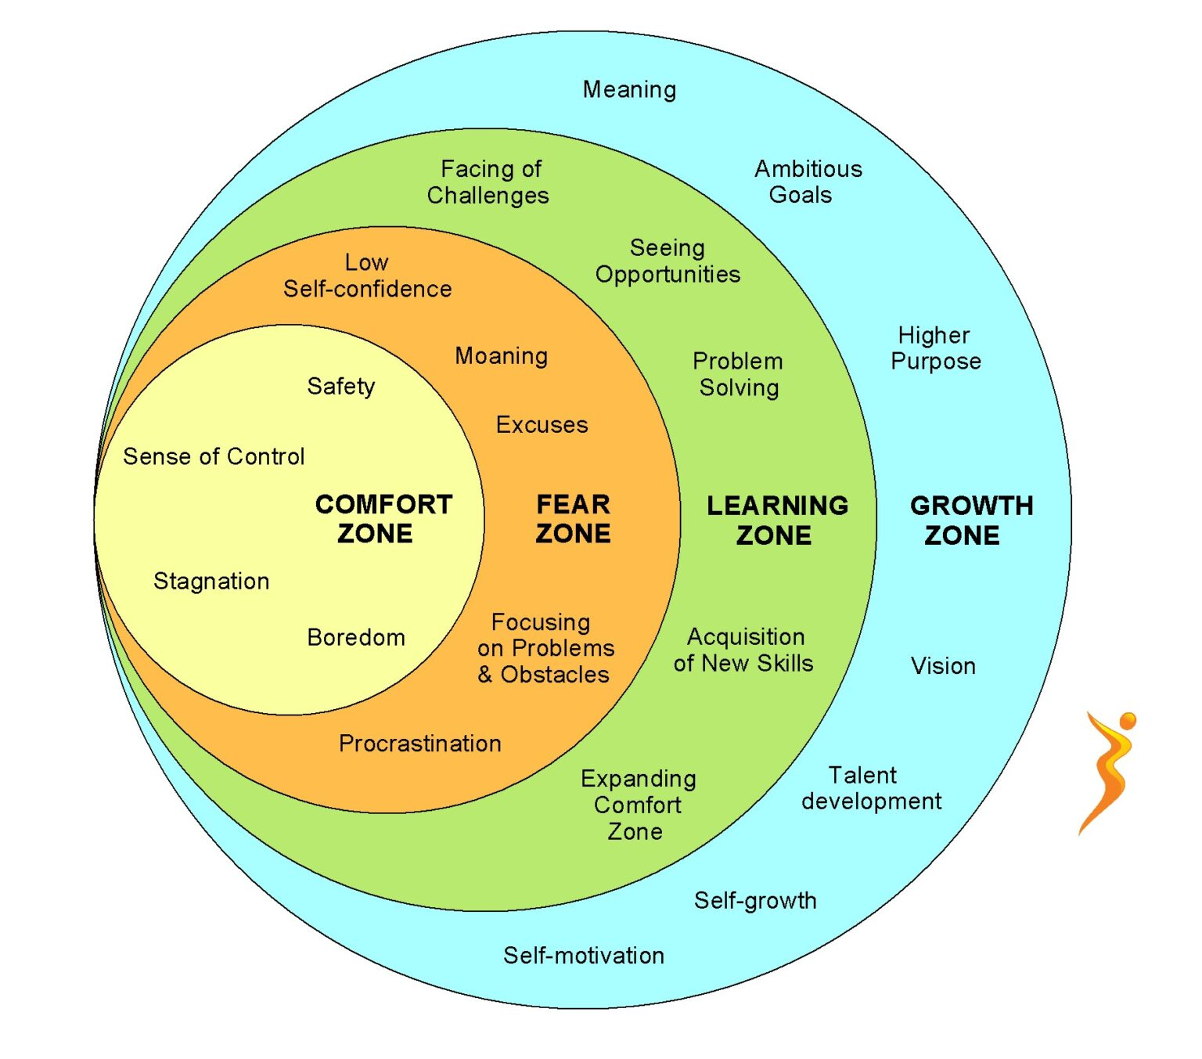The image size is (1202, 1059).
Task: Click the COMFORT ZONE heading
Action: click(x=383, y=519)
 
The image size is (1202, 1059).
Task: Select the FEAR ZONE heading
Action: click(x=573, y=519)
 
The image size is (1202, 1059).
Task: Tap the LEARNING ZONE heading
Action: click(x=776, y=520)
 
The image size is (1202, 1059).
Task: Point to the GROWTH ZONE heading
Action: click(x=970, y=520)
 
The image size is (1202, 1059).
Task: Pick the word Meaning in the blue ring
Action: click(x=629, y=90)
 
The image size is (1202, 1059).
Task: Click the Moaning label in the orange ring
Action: click(x=501, y=356)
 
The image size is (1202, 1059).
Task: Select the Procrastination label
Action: click(x=419, y=744)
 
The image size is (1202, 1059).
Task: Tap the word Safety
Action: click(x=340, y=386)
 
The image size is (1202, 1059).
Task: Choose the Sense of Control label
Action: click(x=214, y=456)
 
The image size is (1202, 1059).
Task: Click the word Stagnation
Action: click(x=211, y=582)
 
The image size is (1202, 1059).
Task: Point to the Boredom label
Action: click(x=356, y=638)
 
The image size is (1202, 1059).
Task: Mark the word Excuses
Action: click(x=542, y=425)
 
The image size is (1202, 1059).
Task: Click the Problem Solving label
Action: click(x=738, y=374)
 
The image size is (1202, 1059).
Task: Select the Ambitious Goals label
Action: click(x=808, y=182)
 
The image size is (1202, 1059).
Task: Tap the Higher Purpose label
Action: click(x=935, y=348)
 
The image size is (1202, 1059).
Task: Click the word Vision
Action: click(x=943, y=666)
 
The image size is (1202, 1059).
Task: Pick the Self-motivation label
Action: click(x=583, y=956)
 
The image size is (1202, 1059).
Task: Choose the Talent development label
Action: click(x=870, y=788)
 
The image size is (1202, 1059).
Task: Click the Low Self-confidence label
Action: click(x=367, y=276)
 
